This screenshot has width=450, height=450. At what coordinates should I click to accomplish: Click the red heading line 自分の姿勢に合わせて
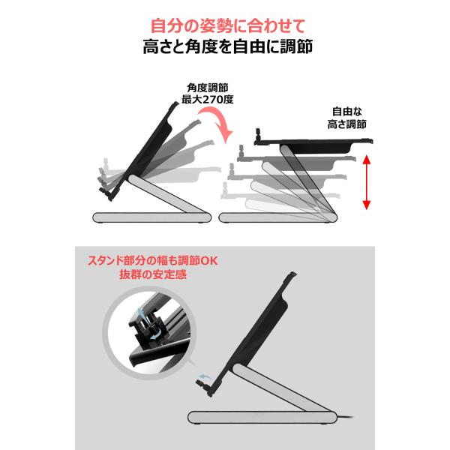point(228,25)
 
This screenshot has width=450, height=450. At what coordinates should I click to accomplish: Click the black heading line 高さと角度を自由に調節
point(228,46)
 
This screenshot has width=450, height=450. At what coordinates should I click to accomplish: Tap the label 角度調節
point(208,88)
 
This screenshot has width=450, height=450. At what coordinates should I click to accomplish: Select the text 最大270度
point(208,99)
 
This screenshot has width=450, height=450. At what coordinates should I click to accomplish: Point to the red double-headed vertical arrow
point(367,182)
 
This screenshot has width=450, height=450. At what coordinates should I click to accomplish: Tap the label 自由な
point(347,111)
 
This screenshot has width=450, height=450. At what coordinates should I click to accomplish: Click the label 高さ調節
point(347,124)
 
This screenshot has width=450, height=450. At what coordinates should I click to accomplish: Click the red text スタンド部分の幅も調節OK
point(153,260)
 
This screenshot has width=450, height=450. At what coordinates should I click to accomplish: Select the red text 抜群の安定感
point(153,274)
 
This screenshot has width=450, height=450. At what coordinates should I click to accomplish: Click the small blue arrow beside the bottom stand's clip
point(205,377)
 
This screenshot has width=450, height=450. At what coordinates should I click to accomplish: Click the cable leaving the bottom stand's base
point(345,417)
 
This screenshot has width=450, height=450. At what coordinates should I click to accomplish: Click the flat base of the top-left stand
point(151,217)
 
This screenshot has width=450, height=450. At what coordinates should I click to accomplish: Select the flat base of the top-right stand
point(277,217)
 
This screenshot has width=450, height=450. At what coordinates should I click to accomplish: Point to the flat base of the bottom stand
point(262,417)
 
